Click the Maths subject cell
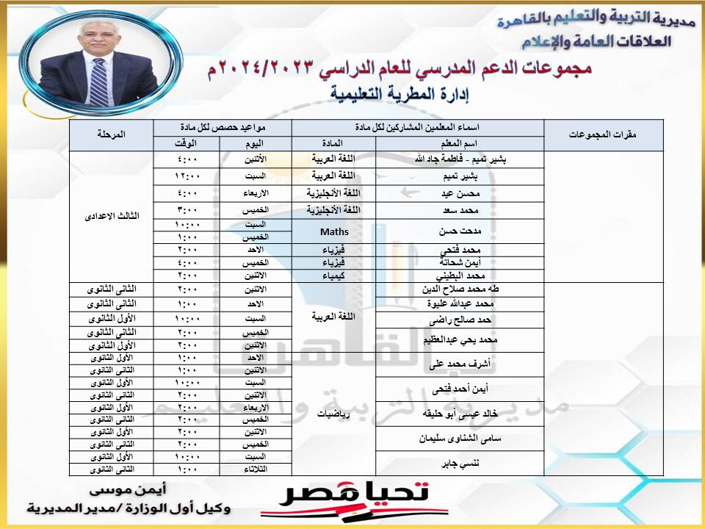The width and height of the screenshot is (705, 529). click(334, 231)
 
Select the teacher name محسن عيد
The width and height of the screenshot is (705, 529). click(460, 192)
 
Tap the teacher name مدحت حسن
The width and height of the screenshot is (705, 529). click(460, 231)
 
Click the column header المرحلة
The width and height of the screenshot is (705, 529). click(111, 135)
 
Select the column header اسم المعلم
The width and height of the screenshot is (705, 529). click(460, 143)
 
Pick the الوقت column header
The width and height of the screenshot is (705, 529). click(187, 143)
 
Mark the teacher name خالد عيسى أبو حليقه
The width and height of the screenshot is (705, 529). click(460, 414)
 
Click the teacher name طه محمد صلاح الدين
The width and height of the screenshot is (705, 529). click(460, 289)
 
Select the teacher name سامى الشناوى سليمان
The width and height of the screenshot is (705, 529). click(460, 439)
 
